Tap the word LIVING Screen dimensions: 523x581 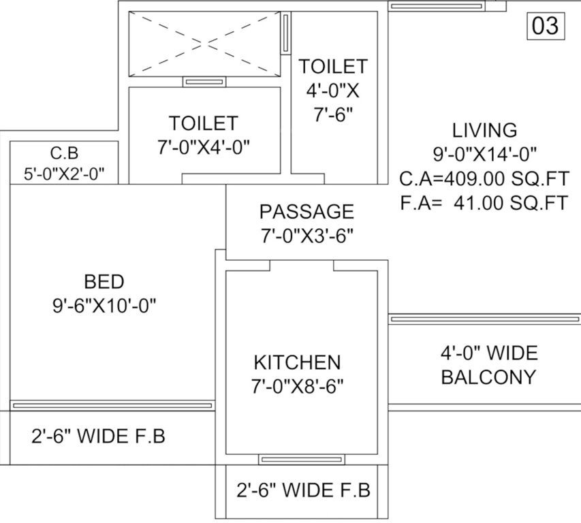[484, 129]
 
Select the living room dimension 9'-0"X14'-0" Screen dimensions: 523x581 [484, 153]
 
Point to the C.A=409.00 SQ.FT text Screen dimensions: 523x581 [484, 178]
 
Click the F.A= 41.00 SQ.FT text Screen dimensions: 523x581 [484, 203]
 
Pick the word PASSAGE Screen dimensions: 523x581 [307, 212]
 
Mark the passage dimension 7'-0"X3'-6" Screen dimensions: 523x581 [307, 236]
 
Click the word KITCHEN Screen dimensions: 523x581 [297, 362]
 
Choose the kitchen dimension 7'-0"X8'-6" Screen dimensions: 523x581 [297, 386]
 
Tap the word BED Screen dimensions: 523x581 [104, 281]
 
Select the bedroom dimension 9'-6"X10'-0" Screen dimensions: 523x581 [104, 306]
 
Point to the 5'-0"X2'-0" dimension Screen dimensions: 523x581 [64, 174]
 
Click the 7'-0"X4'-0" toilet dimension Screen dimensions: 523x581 [204, 147]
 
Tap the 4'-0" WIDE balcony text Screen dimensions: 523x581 [488, 353]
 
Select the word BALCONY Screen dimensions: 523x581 [488, 377]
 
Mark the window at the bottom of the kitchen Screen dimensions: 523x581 [300, 460]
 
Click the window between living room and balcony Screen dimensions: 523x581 [484, 319]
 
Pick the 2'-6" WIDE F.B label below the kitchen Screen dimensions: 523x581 [303, 490]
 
